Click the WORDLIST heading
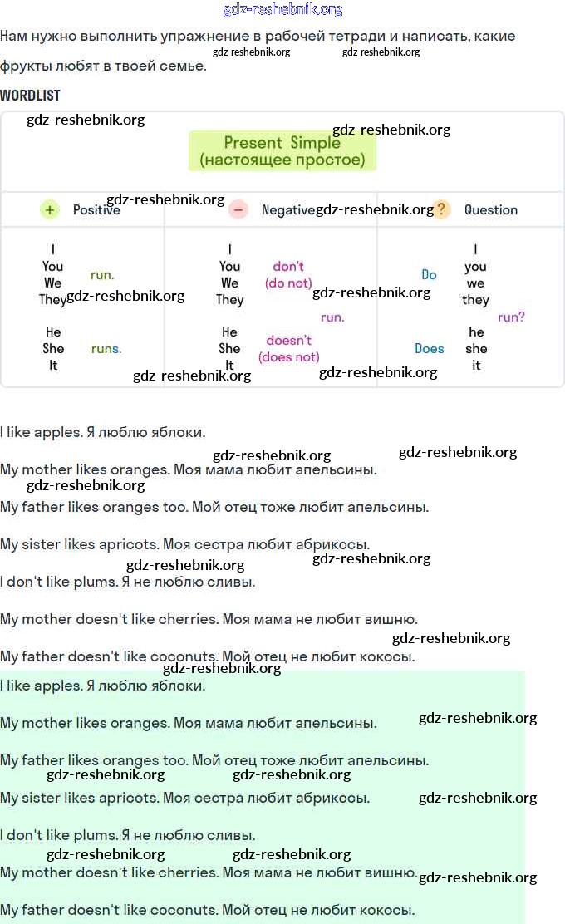click(x=30, y=96)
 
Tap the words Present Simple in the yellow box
click(x=282, y=143)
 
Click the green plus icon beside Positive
click(x=50, y=210)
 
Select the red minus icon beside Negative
click(x=238, y=210)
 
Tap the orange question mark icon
click(x=441, y=209)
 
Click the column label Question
click(x=490, y=210)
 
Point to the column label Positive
click(x=96, y=210)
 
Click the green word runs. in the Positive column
click(x=106, y=349)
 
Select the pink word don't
click(x=288, y=267)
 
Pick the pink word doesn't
click(x=288, y=341)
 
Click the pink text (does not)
click(x=288, y=357)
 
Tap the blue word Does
click(x=430, y=349)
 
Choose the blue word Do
click(x=429, y=275)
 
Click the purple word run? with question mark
click(x=511, y=317)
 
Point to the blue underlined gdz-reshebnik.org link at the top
click(x=282, y=10)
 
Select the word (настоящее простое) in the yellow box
click(x=282, y=160)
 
